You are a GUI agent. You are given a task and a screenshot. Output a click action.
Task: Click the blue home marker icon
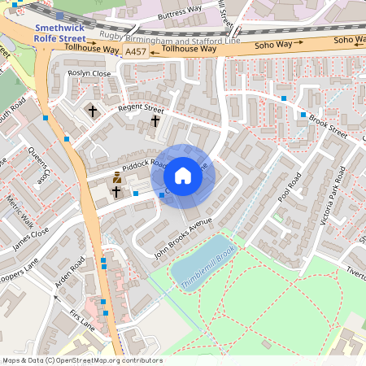[x=183, y=175]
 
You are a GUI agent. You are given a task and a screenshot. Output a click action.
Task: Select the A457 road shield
[x=135, y=51]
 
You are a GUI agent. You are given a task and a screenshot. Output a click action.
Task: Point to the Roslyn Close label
[x=89, y=73]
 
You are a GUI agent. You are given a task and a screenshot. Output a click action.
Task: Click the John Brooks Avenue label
[x=183, y=237]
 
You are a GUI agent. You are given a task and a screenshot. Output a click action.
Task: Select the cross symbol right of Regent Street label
[x=155, y=121]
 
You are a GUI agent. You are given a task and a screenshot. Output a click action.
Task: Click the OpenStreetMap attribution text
[x=81, y=360]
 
